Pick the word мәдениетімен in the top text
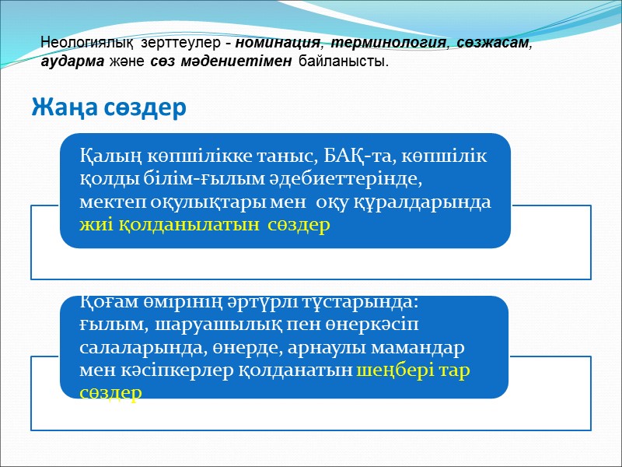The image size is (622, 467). (245, 61)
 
